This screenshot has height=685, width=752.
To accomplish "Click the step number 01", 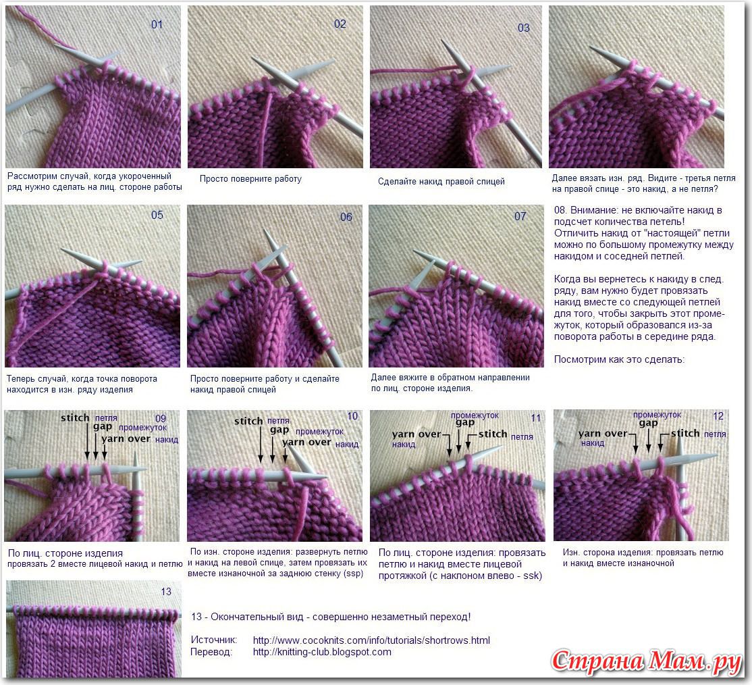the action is tap(157, 24).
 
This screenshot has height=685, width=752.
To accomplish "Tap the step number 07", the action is tap(520, 216).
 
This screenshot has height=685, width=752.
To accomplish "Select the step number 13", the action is tap(166, 592).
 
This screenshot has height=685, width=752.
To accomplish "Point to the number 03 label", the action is tap(524, 28).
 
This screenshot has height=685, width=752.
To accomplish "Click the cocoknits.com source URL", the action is tap(371, 640).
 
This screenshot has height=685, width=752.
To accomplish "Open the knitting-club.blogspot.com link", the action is tap(322, 652).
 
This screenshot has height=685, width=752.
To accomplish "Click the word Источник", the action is tap(214, 640).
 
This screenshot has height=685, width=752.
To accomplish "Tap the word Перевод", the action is tap(211, 652).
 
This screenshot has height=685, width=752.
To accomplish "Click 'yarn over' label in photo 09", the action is tap(126, 438).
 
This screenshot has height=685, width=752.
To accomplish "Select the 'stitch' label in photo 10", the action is tap(248, 421).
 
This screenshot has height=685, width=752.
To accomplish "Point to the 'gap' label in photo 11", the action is tap(464, 423).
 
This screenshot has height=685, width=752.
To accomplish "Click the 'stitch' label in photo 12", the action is tap(685, 434).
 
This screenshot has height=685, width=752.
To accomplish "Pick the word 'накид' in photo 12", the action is tap(593, 443).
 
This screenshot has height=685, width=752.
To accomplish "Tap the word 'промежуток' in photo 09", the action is tap(143, 427).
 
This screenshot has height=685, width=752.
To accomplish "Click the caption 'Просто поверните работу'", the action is tap(250, 179).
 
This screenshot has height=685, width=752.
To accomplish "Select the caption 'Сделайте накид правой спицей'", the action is tap(441, 182).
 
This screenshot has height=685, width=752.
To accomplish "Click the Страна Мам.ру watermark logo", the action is tap(647, 661).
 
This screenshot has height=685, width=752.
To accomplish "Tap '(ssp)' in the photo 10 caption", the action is tap(353, 574).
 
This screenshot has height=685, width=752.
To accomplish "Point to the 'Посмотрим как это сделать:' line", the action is tap(619, 359).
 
